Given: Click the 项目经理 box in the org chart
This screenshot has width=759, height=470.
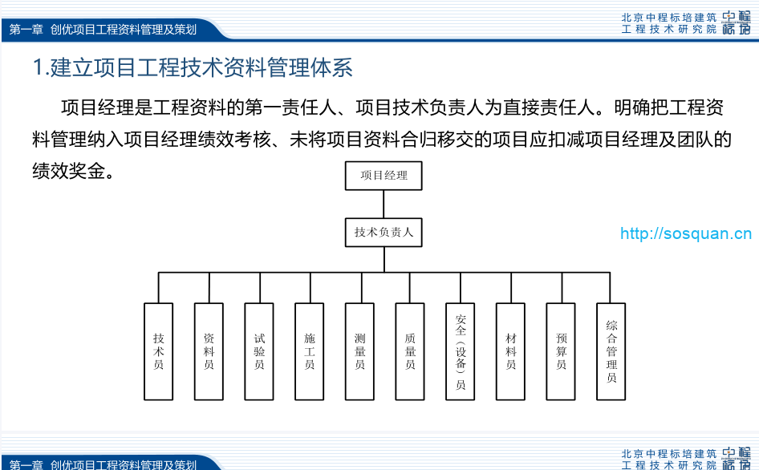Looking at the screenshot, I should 384,176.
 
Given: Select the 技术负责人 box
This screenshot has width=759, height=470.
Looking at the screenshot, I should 384,233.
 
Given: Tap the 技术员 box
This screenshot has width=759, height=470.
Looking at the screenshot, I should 158,351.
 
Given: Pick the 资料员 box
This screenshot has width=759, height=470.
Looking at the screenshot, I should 209,351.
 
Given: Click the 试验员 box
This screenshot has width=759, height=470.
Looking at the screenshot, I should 259,351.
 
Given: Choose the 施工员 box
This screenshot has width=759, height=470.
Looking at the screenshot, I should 309,351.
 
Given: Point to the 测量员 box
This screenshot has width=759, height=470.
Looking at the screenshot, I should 359,351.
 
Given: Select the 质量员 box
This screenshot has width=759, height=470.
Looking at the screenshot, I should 410,351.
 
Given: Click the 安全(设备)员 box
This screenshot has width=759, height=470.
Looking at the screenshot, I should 461,351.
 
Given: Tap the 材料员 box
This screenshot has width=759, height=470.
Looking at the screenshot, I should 511,351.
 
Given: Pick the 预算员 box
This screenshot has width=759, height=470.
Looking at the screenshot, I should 561,351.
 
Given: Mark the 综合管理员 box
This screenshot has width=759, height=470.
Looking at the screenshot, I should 611,351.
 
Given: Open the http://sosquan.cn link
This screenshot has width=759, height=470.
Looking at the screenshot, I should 686,234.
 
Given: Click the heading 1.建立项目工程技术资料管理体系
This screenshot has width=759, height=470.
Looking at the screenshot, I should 193,67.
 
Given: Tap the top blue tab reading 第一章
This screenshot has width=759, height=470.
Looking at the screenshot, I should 26,30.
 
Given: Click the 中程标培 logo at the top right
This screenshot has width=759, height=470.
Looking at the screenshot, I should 736,22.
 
